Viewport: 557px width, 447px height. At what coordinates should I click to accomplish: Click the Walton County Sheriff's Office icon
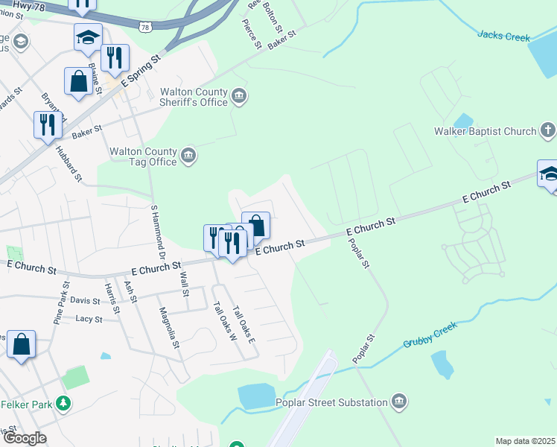click(240, 94)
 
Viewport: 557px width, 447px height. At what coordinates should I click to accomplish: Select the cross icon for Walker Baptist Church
click(547, 131)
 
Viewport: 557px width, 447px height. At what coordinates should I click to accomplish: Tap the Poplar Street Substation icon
click(400, 402)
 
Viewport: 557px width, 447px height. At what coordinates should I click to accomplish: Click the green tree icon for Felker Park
click(64, 404)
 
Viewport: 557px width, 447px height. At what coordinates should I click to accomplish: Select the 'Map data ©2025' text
click(524, 441)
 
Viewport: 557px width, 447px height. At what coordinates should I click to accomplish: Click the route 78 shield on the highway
click(146, 28)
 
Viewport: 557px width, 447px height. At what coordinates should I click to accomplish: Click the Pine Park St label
click(60, 302)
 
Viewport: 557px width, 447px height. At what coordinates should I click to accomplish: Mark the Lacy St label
click(89, 319)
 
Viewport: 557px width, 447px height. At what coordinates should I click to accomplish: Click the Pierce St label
click(252, 34)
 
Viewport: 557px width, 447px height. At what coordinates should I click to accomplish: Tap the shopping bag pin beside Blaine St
click(78, 81)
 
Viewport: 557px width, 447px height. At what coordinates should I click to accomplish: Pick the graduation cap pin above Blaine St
click(88, 37)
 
